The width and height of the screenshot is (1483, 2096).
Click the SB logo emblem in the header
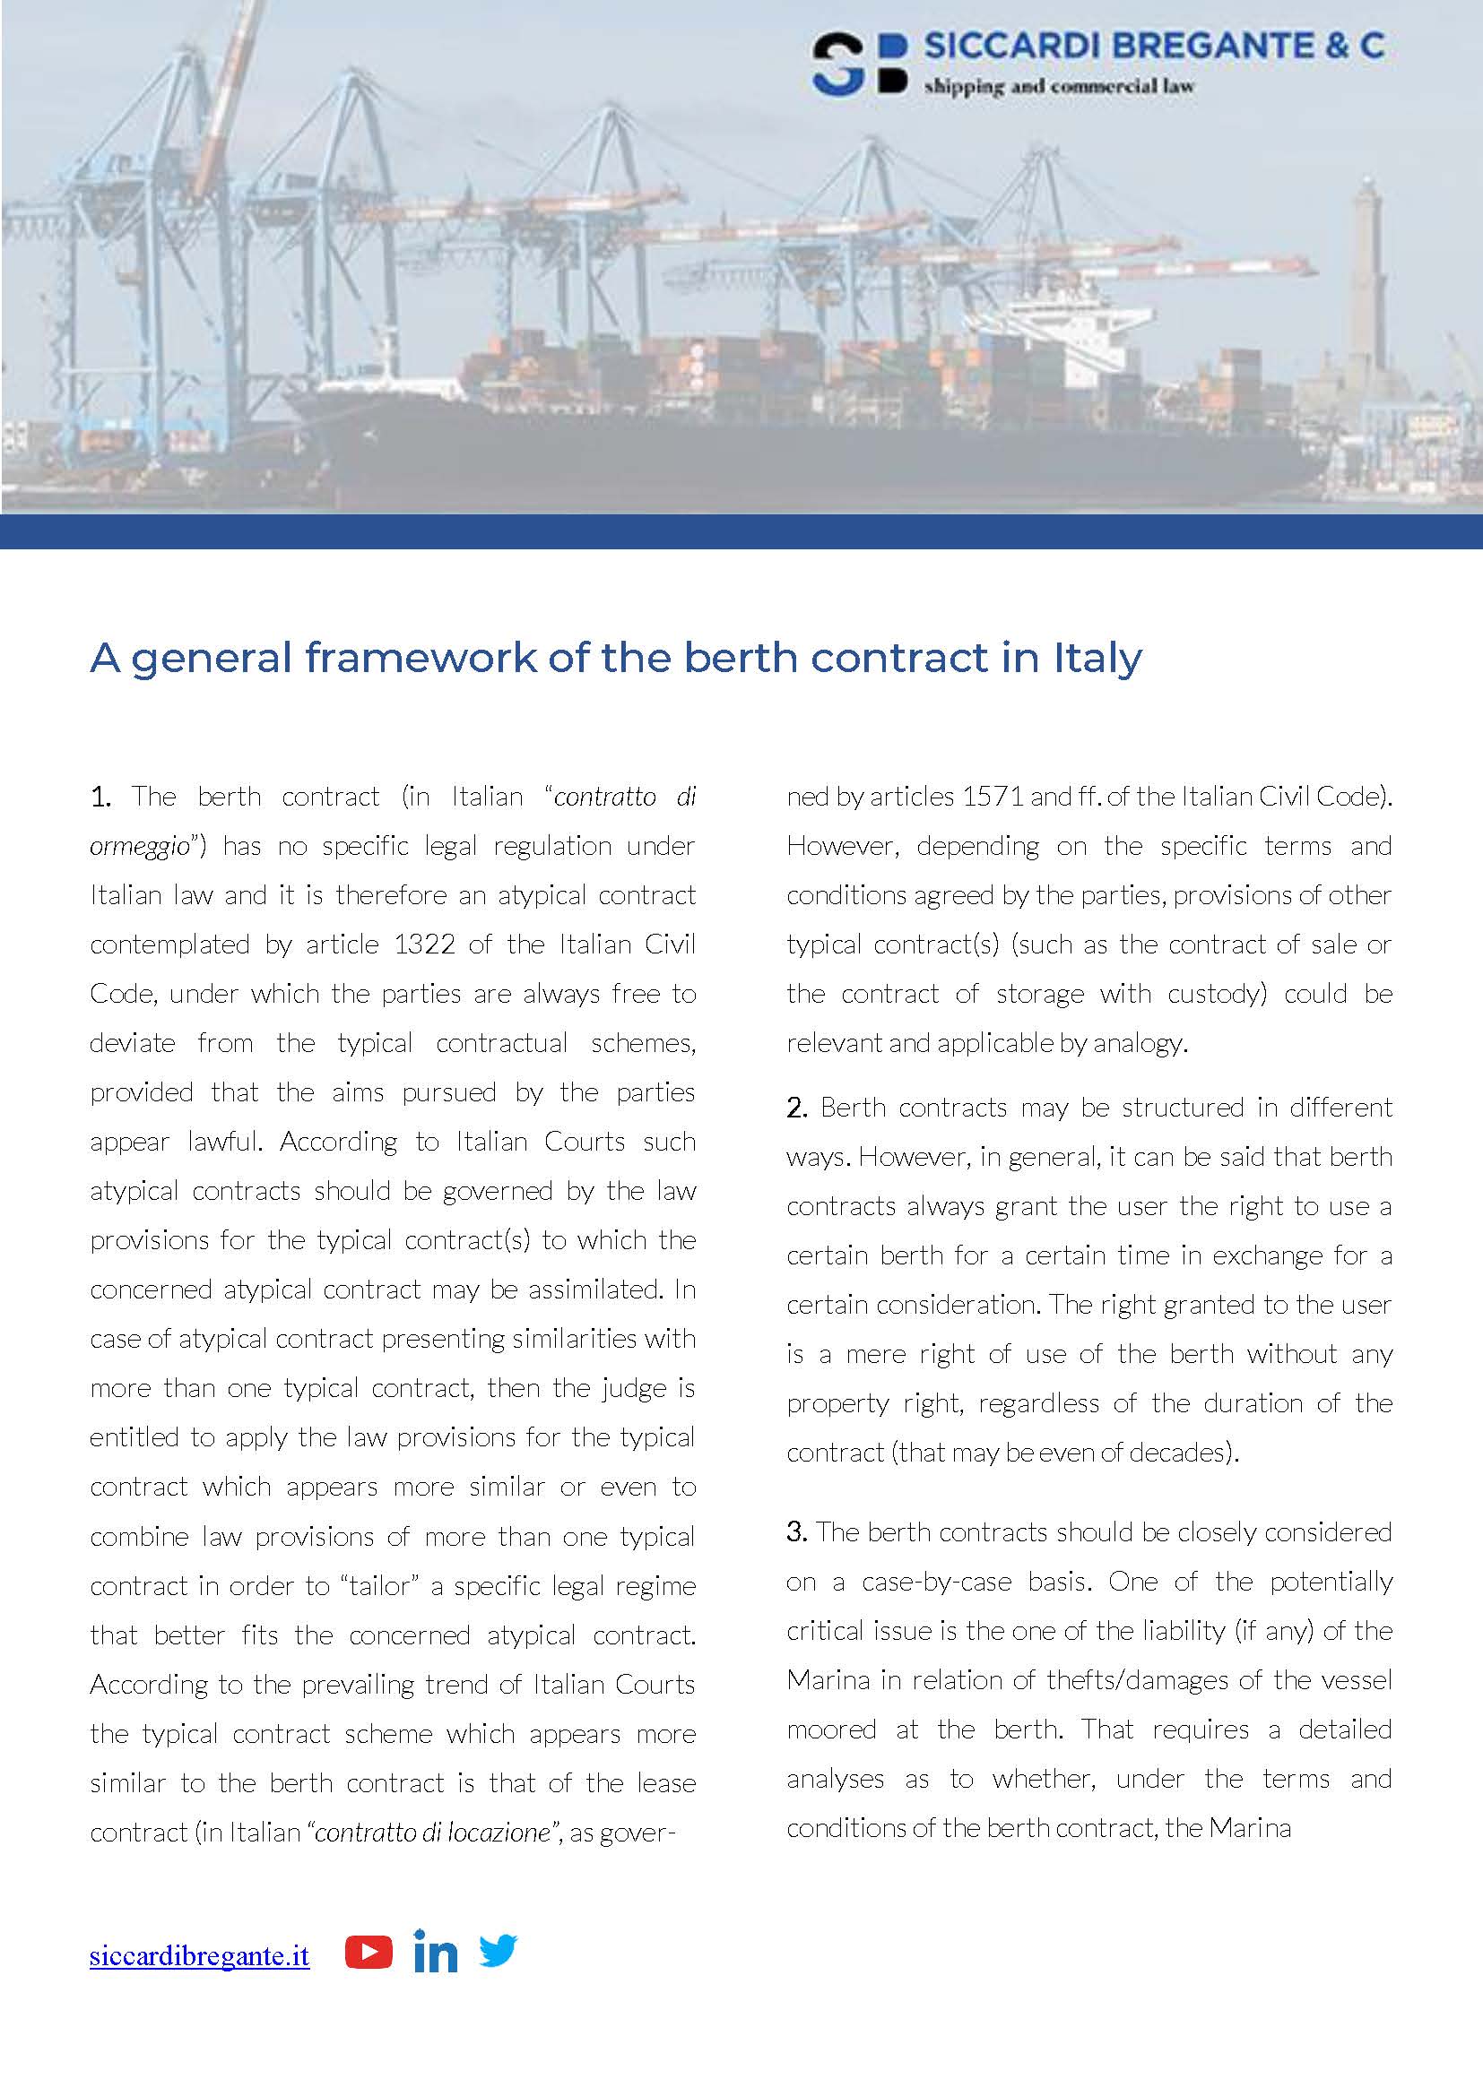(858, 64)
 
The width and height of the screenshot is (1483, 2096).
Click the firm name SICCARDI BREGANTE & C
(1154, 46)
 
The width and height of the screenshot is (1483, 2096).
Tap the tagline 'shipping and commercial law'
(1058, 88)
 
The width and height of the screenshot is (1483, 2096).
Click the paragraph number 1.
(100, 797)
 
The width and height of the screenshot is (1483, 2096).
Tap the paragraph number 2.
(796, 1108)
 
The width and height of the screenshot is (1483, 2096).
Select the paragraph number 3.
(796, 1531)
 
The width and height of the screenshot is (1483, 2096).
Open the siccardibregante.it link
(199, 1956)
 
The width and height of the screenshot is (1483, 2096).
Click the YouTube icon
(368, 1953)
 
